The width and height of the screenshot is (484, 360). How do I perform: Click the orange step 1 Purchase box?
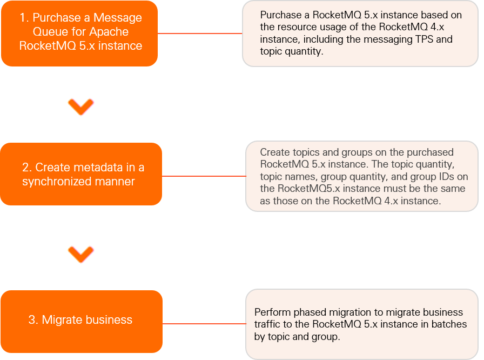click(x=79, y=33)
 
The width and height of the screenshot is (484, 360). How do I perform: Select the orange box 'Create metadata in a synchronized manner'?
click(x=80, y=174)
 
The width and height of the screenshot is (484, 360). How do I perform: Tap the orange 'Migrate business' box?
click(x=81, y=321)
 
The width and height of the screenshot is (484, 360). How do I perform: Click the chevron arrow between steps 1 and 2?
click(x=82, y=106)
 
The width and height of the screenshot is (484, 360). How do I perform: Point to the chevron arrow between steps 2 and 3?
click(x=82, y=254)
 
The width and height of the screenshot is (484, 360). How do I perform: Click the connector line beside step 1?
click(x=200, y=34)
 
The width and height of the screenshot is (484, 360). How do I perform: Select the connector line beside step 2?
click(x=204, y=176)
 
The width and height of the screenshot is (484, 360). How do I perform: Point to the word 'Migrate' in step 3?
click(x=61, y=320)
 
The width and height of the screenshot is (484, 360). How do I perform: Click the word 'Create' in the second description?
click(x=274, y=152)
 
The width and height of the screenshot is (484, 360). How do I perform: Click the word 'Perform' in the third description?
click(x=272, y=312)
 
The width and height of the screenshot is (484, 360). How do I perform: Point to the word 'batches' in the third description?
click(x=446, y=324)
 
